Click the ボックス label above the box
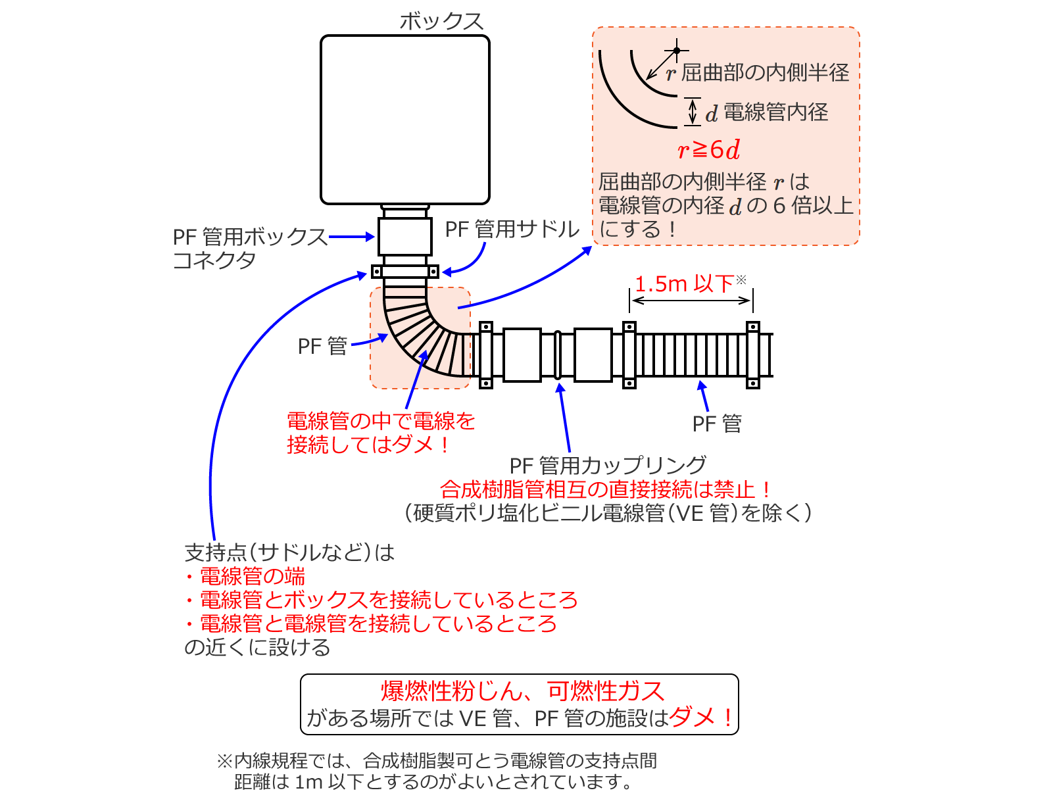(441, 22)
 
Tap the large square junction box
(405, 120)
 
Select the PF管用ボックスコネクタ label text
(249, 248)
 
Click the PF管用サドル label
(512, 229)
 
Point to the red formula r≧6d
(708, 149)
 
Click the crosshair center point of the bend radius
(676, 50)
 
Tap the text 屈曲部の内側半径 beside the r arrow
(765, 72)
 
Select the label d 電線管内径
(767, 112)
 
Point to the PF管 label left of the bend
(322, 346)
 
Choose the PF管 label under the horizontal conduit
(716, 424)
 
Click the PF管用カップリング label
(608, 466)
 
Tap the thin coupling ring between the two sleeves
(557, 355)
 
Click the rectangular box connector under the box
(405, 236)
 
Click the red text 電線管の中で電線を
(381, 421)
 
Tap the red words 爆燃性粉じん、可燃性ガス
(522, 691)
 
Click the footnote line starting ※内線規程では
(437, 761)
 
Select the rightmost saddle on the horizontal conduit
(752, 355)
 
